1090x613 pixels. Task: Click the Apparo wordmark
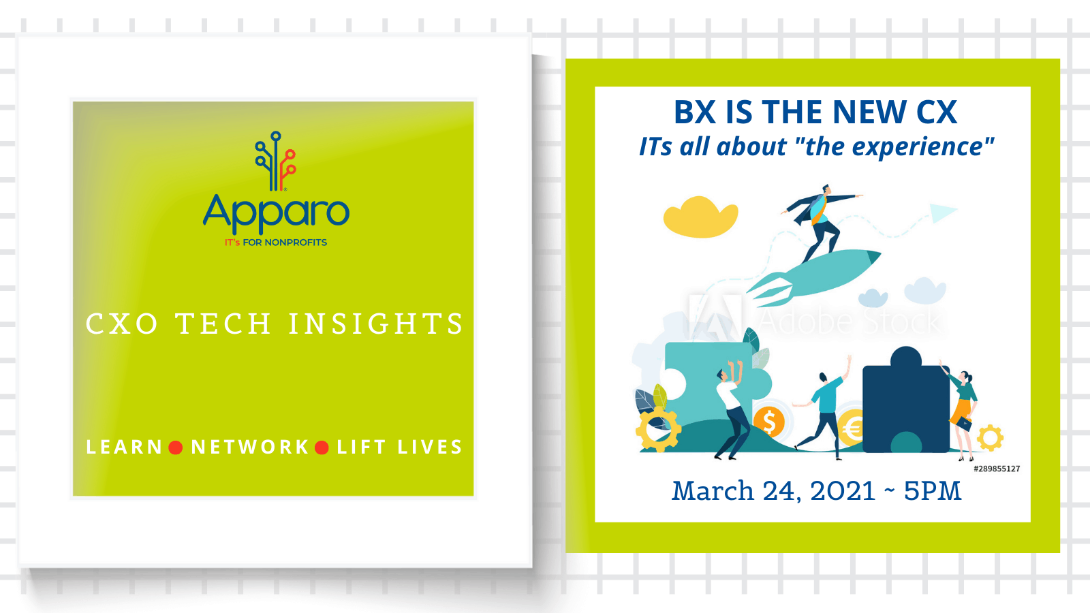coord(276,214)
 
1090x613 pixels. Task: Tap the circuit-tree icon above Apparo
coord(275,161)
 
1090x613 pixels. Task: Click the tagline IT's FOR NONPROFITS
coord(275,242)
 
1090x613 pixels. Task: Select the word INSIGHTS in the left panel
coord(375,324)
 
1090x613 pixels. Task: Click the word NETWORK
coord(250,447)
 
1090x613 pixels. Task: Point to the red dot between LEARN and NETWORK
coord(176,447)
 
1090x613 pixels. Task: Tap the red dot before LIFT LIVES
coord(322,447)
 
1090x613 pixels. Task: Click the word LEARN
coord(124,447)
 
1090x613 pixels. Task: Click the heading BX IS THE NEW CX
coord(815,112)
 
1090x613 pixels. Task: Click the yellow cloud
coord(701,217)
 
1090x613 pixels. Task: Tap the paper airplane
coord(943,213)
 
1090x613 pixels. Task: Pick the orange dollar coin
coord(769,422)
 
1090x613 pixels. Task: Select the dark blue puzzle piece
coord(905,400)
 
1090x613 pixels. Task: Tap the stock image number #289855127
coord(997,469)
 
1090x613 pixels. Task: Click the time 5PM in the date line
coord(933,491)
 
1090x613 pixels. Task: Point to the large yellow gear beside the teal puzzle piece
coord(658,430)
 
